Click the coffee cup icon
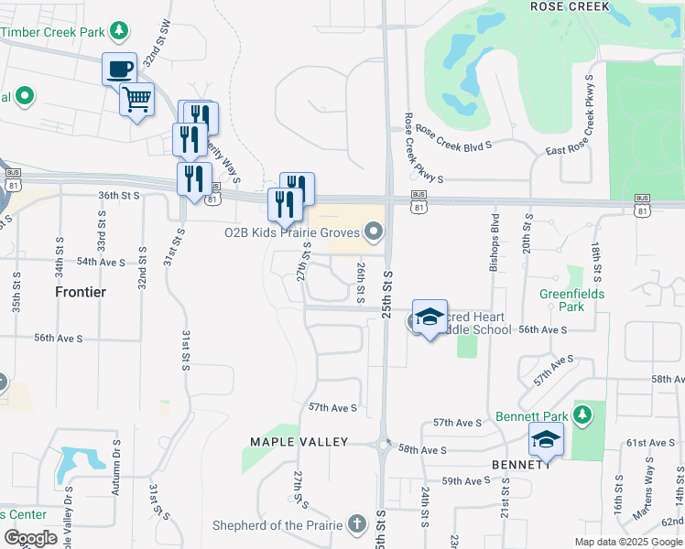[119, 69]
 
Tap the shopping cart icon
[136, 99]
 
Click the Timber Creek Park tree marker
[118, 32]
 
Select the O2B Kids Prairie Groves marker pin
[374, 233]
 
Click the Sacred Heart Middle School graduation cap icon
[429, 317]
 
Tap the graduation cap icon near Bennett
[546, 439]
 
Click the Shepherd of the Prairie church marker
[356, 524]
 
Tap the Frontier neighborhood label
[80, 292]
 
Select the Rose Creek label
[571, 5]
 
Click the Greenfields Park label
[573, 300]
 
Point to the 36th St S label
[119, 195]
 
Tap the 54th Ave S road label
[101, 262]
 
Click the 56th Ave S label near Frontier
[59, 338]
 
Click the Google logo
[29, 538]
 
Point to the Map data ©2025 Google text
[627, 542]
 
